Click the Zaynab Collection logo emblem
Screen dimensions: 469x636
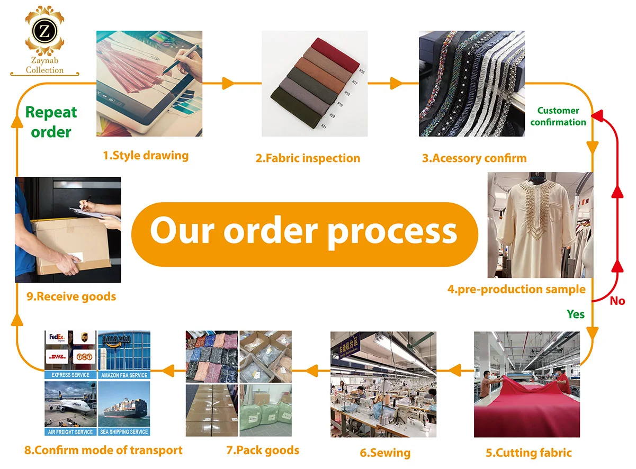[44, 33]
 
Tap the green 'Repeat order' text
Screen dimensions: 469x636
[51, 122]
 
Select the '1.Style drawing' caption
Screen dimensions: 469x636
[146, 156]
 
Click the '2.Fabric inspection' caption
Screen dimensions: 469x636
[308, 158]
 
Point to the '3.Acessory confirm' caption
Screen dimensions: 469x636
[474, 158]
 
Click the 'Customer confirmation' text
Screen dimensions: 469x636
[558, 116]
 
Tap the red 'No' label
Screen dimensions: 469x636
[617, 301]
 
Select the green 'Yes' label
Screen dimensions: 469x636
[576, 314]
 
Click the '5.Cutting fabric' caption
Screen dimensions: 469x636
[528, 453]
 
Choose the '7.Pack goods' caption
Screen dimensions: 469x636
[263, 450]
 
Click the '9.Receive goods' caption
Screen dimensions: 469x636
[71, 296]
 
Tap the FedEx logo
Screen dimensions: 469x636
[57, 337]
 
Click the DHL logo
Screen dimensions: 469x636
[57, 356]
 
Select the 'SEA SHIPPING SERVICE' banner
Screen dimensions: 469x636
[124, 432]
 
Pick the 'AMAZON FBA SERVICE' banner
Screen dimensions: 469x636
[124, 375]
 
